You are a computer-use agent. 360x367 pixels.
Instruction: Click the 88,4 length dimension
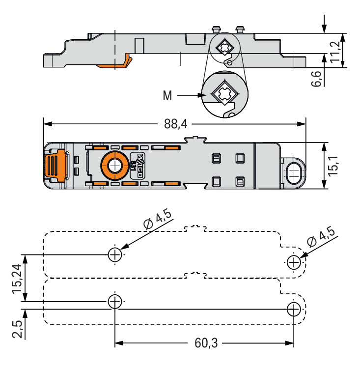coord(176,124)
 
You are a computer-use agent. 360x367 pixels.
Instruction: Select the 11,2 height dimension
coord(335,51)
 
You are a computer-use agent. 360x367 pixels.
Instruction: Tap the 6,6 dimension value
coord(317,79)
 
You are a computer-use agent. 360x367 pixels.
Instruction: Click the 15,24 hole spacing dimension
coord(16,278)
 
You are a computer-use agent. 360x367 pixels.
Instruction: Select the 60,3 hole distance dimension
coord(206,343)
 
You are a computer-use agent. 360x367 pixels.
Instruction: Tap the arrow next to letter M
coord(189,95)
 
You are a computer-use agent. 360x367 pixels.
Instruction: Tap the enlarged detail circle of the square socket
coord(224,95)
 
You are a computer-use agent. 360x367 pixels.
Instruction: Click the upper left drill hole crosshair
coord(114,254)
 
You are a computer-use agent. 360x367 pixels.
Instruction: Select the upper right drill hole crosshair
coord(294,262)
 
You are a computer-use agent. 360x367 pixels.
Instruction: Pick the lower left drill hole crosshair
coord(114,301)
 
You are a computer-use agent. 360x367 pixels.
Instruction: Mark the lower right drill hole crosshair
coord(294,309)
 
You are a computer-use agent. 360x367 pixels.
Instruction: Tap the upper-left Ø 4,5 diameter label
coord(158,221)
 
